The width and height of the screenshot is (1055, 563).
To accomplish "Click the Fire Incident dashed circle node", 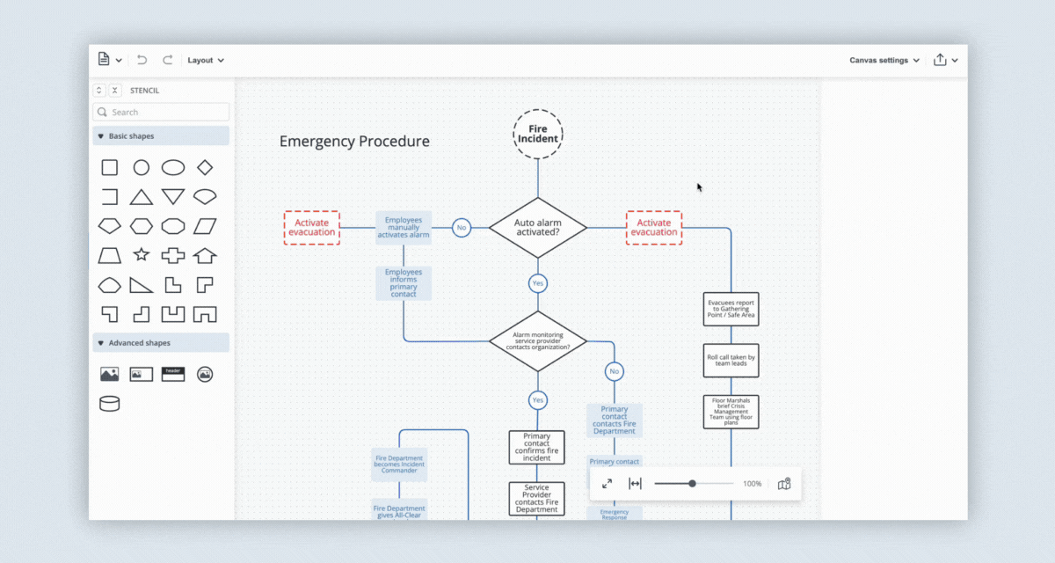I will [537, 134].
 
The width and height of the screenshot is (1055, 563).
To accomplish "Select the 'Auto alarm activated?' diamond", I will [537, 228].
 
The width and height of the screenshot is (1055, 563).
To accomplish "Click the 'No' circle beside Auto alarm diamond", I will [461, 228].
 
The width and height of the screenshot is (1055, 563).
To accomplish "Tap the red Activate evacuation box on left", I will [311, 227].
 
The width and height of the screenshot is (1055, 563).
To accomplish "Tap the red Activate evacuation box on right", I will [653, 227].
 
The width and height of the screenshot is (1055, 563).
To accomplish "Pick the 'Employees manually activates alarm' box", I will [404, 227].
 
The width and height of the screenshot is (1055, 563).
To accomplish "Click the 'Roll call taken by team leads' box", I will [730, 360].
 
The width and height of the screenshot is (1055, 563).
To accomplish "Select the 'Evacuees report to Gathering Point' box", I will [730, 309].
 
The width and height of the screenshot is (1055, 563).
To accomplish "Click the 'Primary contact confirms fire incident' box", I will [536, 447].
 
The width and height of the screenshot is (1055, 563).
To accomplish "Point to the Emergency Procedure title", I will [354, 142].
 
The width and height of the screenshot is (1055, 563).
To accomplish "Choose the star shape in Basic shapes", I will [141, 255].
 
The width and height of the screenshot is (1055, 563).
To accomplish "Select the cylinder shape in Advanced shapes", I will [109, 404].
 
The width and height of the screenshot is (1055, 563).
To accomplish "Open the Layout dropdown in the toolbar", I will [206, 60].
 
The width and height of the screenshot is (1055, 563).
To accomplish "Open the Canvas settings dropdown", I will [884, 60].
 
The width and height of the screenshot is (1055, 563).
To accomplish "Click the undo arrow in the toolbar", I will [142, 60].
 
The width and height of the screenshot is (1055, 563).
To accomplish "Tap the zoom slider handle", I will [693, 484].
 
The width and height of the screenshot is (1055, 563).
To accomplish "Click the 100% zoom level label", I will [752, 484].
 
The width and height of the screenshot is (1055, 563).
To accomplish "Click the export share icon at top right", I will [940, 60].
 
